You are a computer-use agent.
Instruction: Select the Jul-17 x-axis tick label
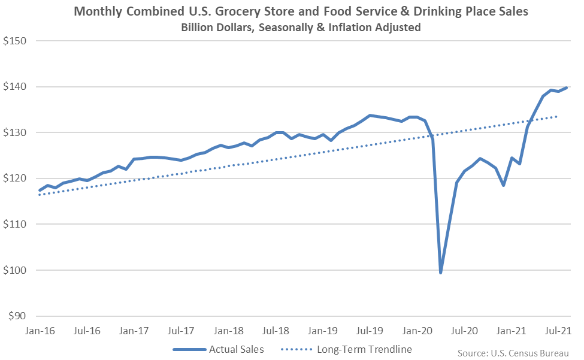(181, 330)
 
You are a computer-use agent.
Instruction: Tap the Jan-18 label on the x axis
(228, 330)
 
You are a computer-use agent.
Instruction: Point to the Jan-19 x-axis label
(322, 330)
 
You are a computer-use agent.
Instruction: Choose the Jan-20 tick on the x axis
(417, 330)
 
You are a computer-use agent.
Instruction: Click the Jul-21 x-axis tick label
(558, 330)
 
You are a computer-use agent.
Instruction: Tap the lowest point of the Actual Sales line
(441, 273)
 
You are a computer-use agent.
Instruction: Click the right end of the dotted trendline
(558, 116)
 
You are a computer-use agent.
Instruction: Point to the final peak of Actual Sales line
(567, 88)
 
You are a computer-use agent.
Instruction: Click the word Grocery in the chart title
(229, 12)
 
